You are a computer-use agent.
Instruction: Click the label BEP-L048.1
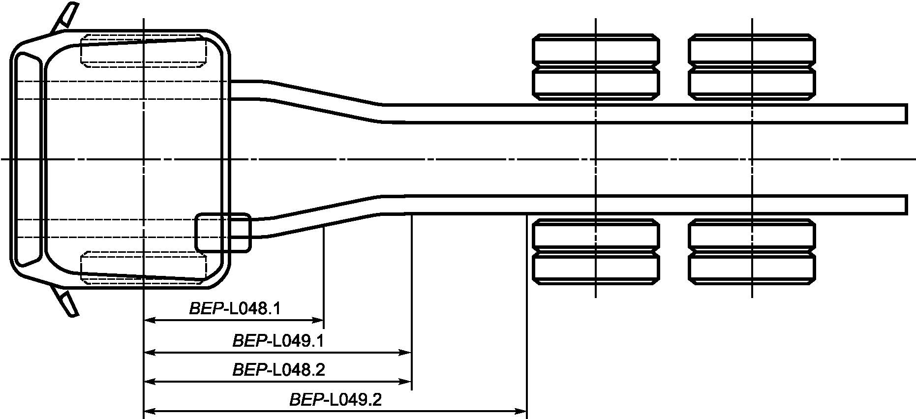point(235,309)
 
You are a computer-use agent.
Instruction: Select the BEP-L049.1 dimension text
point(278,341)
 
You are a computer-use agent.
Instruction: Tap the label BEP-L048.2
point(279,370)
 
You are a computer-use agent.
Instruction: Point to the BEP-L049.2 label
point(336,399)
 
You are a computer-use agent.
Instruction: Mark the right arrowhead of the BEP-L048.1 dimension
point(318,320)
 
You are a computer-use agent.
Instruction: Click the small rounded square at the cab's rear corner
point(223,233)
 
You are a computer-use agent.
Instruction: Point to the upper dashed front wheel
point(143,50)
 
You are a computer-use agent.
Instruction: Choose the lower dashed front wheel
point(143,268)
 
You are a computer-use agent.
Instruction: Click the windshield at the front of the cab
point(27,159)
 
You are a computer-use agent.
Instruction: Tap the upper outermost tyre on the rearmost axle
point(752,49)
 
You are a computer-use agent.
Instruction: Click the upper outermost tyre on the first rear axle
point(596,49)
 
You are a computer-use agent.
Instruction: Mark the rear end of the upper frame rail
point(906,113)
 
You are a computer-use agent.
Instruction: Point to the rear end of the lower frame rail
point(906,205)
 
